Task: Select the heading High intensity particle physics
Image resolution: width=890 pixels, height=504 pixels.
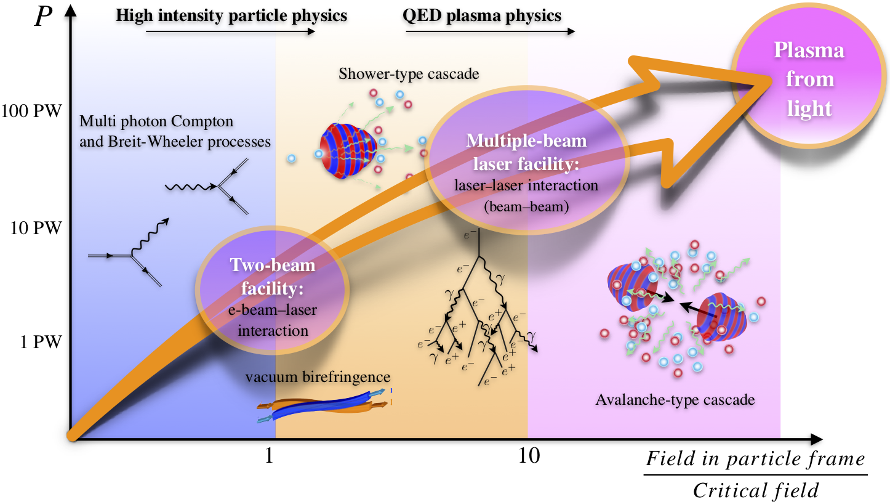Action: (x=231, y=15)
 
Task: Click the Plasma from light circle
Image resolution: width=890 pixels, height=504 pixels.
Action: (x=809, y=80)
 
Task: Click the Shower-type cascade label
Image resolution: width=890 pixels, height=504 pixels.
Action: (x=409, y=75)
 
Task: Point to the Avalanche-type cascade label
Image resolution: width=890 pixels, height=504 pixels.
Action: (x=675, y=400)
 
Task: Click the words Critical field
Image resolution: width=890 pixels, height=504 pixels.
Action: (x=756, y=490)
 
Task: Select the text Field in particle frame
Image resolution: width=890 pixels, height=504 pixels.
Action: (x=756, y=459)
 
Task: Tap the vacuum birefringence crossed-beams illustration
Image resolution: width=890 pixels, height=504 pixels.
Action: (x=325, y=407)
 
